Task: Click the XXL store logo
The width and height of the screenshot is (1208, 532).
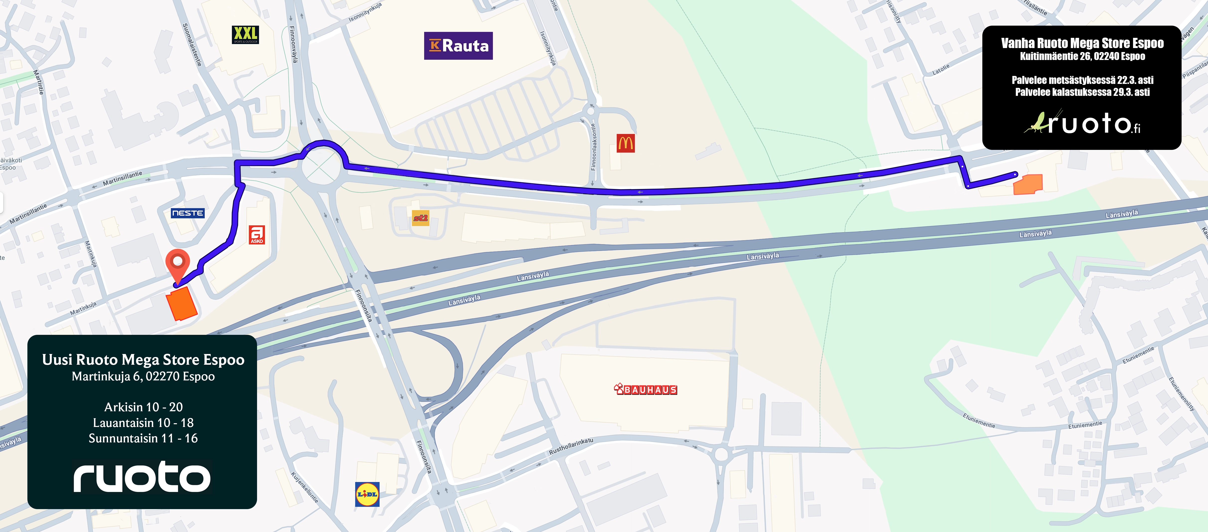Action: pos(245,35)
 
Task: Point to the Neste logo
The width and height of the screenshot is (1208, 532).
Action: pos(188,213)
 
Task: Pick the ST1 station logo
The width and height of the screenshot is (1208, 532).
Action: pos(421,218)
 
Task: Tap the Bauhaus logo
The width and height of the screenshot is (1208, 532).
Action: pos(646,390)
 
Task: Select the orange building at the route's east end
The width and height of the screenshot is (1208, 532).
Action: pos(1028,184)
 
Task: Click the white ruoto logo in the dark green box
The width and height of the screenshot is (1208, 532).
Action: pos(142,477)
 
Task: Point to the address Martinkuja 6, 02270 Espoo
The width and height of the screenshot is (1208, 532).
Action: pos(143,376)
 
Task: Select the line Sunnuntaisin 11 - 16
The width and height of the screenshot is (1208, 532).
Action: pos(143,438)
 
